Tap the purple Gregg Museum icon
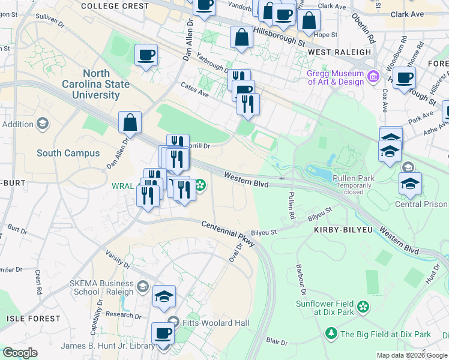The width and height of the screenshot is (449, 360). click(x=373, y=76)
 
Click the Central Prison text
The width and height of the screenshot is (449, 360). click(x=421, y=204)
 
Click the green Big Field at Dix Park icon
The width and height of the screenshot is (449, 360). click(x=331, y=333)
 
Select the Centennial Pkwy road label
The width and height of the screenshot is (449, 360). click(x=228, y=232)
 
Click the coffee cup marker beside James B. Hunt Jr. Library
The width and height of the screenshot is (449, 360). click(x=163, y=333)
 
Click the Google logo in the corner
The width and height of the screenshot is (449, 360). click(x=20, y=353)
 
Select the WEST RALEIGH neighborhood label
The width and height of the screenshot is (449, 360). click(x=339, y=52)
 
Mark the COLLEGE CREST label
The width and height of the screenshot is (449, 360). click(x=114, y=6)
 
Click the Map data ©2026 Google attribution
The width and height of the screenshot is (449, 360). click(x=411, y=355)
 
